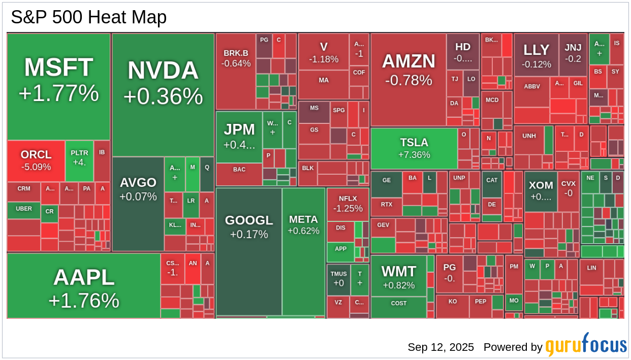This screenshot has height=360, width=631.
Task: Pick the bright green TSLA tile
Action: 414,148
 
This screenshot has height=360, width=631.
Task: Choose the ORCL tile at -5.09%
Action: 36,160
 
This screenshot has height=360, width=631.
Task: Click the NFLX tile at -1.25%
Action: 348,204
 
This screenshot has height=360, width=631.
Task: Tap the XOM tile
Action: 541,191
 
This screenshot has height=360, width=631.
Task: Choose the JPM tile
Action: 239,137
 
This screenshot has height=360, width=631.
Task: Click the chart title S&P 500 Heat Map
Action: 89,17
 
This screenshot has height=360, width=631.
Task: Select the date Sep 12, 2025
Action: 440,347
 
